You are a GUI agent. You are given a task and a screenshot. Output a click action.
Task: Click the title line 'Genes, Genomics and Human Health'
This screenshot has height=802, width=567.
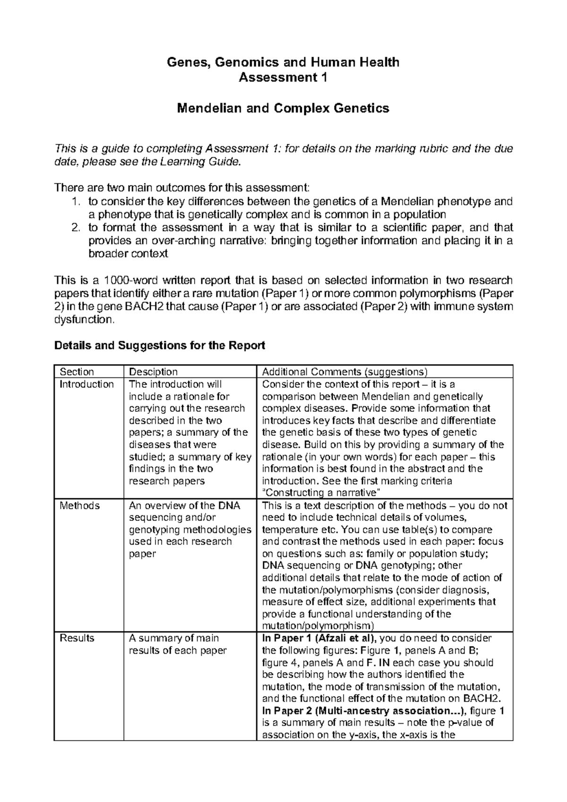pyautogui.click(x=283, y=62)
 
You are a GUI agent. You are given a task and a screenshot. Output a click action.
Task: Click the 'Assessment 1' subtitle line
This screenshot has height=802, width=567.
pyautogui.click(x=283, y=77)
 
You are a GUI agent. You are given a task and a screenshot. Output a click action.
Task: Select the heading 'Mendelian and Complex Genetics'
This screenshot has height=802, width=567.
pyautogui.click(x=283, y=108)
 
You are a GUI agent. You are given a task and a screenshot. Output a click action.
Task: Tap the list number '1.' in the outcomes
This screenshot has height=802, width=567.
pyautogui.click(x=75, y=202)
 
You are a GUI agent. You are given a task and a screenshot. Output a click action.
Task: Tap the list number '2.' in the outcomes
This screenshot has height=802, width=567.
pyautogui.click(x=75, y=228)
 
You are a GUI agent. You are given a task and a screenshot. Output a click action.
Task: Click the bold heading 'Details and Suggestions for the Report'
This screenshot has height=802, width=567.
pyautogui.click(x=160, y=345)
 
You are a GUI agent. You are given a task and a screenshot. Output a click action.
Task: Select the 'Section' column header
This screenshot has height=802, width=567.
pyautogui.click(x=77, y=372)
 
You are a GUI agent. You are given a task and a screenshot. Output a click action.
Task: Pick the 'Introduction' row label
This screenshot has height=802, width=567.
pyautogui.click(x=86, y=384)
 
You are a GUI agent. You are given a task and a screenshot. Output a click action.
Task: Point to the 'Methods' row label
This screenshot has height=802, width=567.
pyautogui.click(x=79, y=505)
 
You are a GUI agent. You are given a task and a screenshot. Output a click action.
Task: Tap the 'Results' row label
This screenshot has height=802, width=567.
pyautogui.click(x=77, y=638)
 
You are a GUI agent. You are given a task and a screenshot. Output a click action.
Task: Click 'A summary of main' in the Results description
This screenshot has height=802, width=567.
pyautogui.click(x=174, y=638)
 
